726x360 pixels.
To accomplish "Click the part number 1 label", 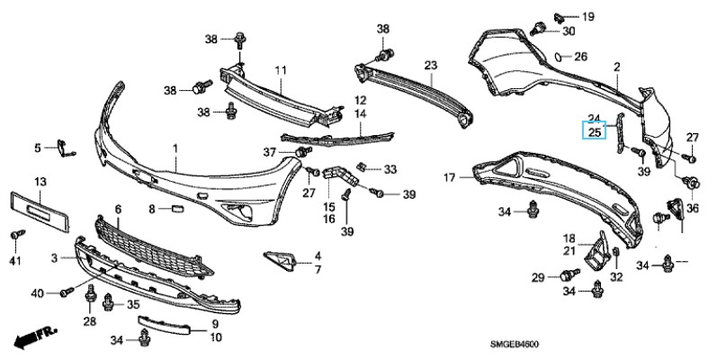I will click(175, 148).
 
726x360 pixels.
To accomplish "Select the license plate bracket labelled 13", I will click(40, 208).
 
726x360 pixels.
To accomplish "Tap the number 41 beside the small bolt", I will click(14, 260).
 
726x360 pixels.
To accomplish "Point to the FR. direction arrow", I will click(31, 337).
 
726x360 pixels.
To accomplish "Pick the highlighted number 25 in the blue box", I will click(594, 132).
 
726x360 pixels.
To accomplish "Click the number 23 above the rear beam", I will click(430, 66).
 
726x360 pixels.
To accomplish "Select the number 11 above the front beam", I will click(280, 70).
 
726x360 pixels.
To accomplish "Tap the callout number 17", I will click(450, 178).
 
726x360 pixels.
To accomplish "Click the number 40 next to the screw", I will click(37, 293).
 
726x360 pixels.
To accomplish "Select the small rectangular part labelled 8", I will click(177, 209).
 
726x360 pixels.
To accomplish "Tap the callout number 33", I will click(390, 168).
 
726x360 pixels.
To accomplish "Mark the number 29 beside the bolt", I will click(538, 277).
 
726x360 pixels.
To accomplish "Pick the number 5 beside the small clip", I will click(39, 148).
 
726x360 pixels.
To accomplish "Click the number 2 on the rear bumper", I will click(617, 67).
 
